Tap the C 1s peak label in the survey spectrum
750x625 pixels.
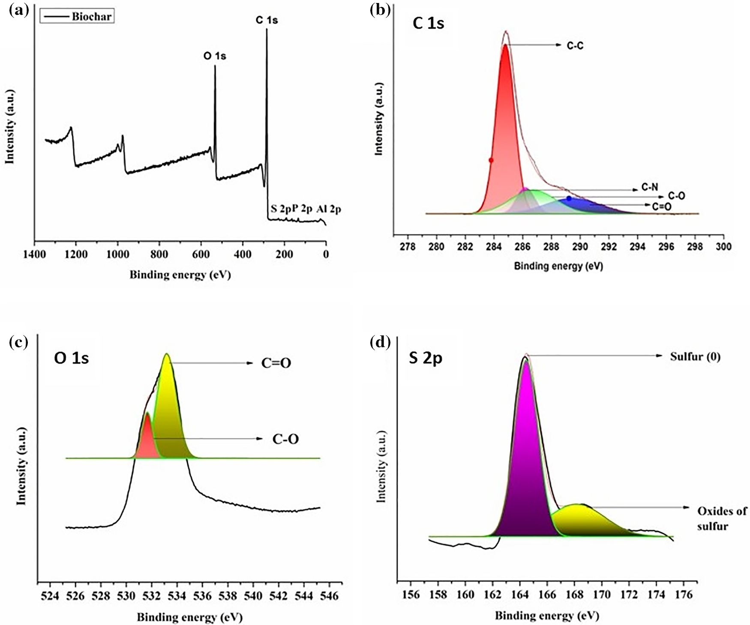pyautogui.click(x=266, y=20)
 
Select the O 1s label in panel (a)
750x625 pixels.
pyautogui.click(x=214, y=56)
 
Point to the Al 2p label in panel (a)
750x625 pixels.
pyautogui.click(x=329, y=209)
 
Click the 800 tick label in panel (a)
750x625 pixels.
pyautogui.click(x=159, y=254)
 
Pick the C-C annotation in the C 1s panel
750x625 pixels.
pyautogui.click(x=575, y=46)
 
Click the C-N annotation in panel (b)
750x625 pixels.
pyautogui.click(x=649, y=188)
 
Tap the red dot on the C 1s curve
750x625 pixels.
pyautogui.click(x=491, y=160)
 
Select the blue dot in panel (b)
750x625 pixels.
pyautogui.click(x=569, y=198)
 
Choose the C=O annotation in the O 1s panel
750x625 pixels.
pyautogui.click(x=276, y=364)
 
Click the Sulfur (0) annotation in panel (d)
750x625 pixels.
pyautogui.click(x=695, y=357)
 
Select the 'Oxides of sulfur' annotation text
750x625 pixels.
pyautogui.click(x=721, y=518)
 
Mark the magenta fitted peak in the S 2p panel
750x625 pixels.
pyautogui.click(x=526, y=471)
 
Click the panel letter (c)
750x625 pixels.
pyautogui.click(x=18, y=342)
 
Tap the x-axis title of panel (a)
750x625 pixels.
pyautogui.click(x=180, y=275)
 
